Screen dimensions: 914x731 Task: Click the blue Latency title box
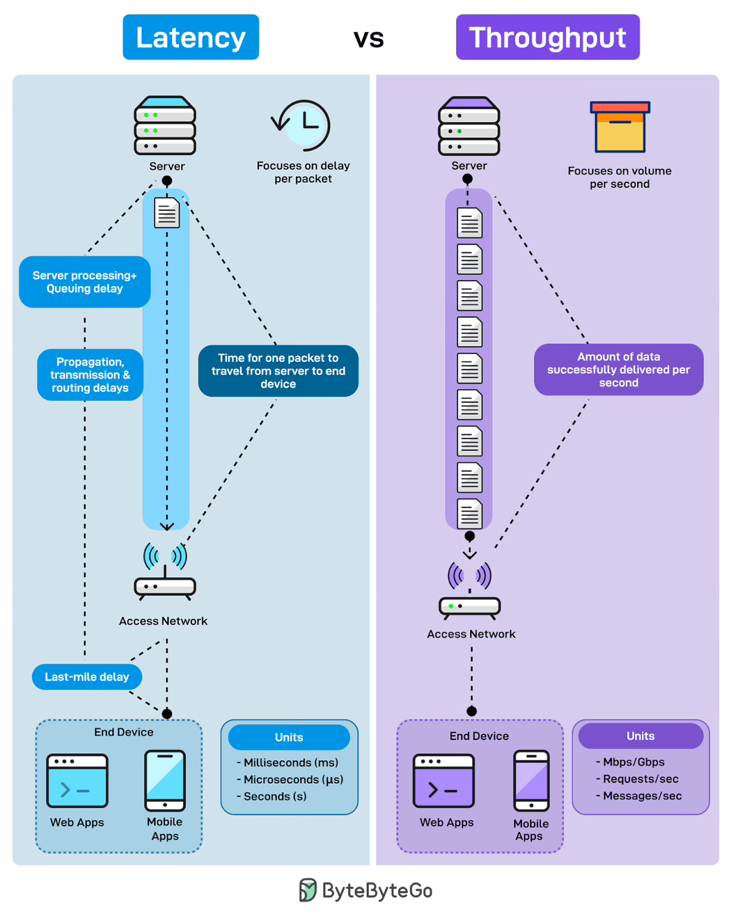tap(191, 37)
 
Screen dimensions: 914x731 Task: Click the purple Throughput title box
tap(547, 37)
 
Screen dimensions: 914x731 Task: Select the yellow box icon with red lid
tap(620, 127)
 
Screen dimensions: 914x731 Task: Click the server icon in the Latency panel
tap(165, 126)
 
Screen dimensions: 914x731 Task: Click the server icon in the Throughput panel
tap(469, 126)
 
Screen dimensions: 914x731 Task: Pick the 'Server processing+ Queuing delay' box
tap(85, 282)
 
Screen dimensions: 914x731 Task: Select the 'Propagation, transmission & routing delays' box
tap(90, 375)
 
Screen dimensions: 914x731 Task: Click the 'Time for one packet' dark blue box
tap(278, 371)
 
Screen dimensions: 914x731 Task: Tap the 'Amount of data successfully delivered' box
tap(618, 369)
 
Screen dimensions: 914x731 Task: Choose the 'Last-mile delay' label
tap(87, 677)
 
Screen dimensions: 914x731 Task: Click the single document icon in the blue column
tap(167, 213)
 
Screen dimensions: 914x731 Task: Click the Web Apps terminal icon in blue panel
tap(77, 780)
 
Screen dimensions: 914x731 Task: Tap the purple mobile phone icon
tap(531, 780)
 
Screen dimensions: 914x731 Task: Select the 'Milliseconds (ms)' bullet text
tap(290, 762)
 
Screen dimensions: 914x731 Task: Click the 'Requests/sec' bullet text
tap(640, 779)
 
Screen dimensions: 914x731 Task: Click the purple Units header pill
tap(640, 736)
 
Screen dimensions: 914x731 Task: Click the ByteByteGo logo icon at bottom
tap(308, 890)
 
